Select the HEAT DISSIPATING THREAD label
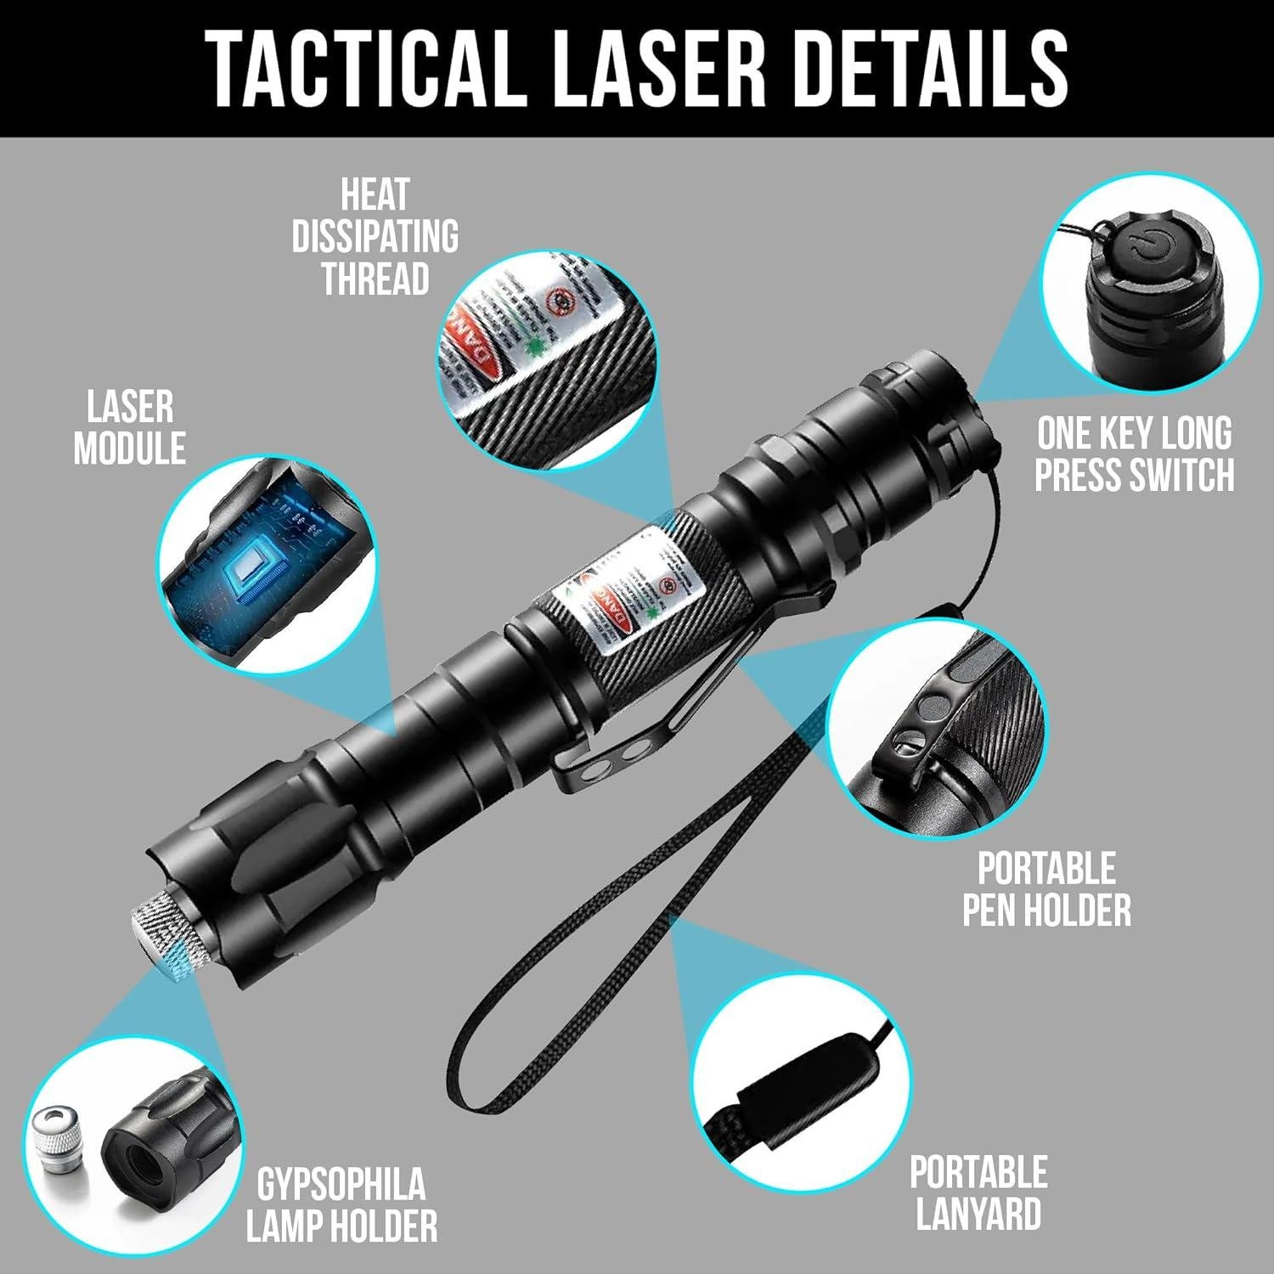tap(375, 237)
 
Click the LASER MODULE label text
tap(129, 428)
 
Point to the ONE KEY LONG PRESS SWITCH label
tap(1134, 454)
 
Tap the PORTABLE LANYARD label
tap(978, 1192)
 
